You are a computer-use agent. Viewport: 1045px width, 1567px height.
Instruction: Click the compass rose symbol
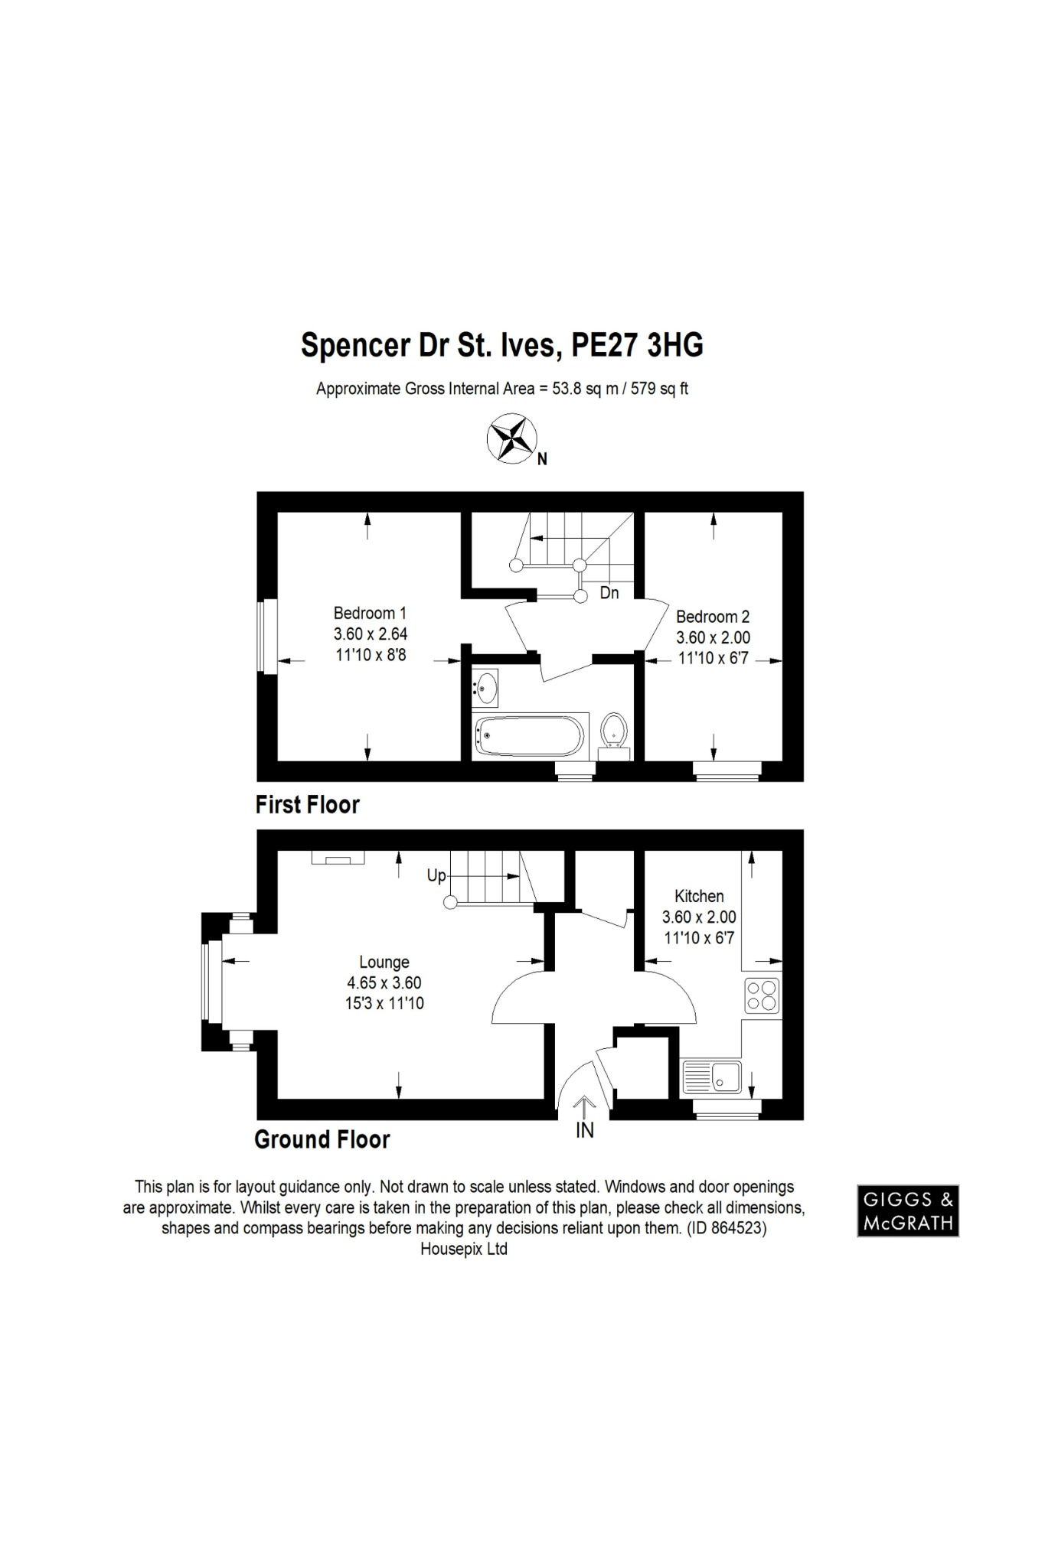click(x=511, y=439)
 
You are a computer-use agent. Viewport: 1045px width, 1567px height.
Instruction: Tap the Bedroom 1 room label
click(x=370, y=613)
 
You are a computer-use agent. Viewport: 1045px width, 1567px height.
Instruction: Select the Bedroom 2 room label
click(x=712, y=617)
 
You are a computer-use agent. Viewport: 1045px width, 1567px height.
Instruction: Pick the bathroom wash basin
click(x=485, y=686)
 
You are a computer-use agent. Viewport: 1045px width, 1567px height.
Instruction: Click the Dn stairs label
click(x=609, y=593)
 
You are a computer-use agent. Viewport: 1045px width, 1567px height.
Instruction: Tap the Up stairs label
click(x=436, y=875)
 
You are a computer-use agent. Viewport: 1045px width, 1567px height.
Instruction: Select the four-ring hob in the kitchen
click(x=762, y=995)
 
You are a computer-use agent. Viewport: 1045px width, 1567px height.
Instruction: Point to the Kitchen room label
click(x=699, y=896)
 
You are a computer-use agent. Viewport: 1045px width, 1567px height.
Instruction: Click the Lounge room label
click(x=384, y=963)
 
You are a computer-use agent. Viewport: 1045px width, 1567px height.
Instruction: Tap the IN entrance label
click(x=585, y=1130)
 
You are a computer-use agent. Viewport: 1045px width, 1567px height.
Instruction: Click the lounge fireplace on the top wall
click(x=338, y=858)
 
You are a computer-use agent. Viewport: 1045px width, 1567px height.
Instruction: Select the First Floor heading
click(x=307, y=805)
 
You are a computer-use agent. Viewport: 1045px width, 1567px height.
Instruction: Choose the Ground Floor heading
click(x=322, y=1140)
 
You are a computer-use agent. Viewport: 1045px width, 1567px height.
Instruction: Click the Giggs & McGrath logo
click(x=907, y=1211)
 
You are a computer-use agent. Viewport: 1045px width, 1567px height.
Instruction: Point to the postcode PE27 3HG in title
click(x=638, y=345)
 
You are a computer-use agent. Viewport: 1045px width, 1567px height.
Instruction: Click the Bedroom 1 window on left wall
click(x=267, y=637)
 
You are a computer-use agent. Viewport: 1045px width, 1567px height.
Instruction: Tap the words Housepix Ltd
click(x=464, y=1249)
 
